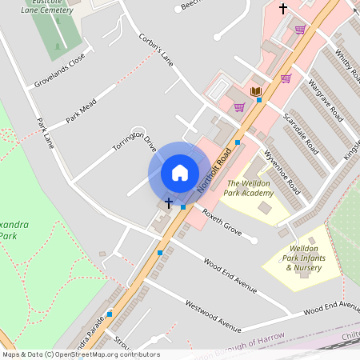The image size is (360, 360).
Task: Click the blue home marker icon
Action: (180, 173)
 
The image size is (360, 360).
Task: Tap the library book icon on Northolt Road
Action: (256, 92)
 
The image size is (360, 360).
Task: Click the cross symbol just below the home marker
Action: (168, 203)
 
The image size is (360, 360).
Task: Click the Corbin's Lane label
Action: (156, 49)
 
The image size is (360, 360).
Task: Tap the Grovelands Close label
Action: (59, 70)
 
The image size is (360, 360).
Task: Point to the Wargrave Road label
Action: (325, 105)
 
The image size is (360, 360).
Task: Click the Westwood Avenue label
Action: (213, 316)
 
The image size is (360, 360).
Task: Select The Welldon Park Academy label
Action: (249, 188)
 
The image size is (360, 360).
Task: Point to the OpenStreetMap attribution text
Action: (80, 354)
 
